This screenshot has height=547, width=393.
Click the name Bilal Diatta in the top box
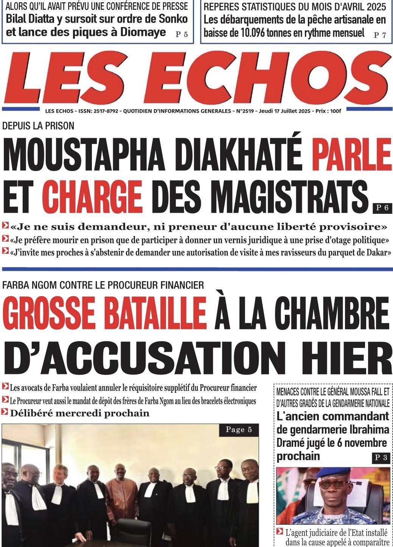point(38,19)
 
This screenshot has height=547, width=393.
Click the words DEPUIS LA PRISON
point(38,126)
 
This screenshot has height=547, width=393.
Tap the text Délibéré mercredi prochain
point(80,413)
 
